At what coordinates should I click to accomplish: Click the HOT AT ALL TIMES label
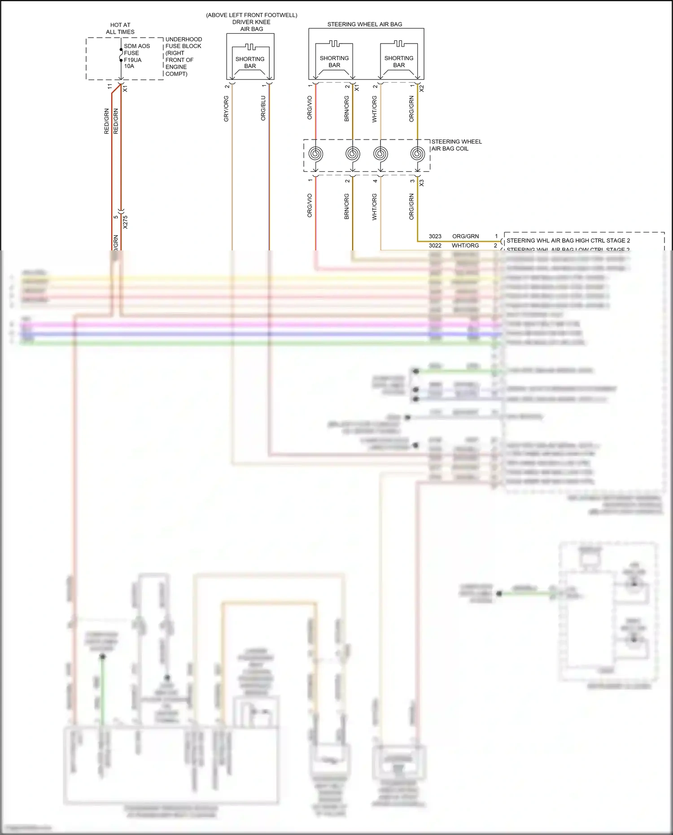[120, 28]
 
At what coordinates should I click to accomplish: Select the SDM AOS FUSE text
[136, 49]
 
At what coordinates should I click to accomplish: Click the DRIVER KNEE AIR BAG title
[251, 25]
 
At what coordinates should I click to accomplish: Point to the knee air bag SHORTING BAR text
[250, 62]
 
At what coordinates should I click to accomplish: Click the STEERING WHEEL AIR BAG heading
[364, 24]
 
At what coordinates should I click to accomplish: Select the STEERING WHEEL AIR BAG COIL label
[456, 145]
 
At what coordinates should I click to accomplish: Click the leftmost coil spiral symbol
[315, 154]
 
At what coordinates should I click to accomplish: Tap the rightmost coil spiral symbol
[418, 154]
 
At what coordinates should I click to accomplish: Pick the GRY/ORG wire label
[226, 109]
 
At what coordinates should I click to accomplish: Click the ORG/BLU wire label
[263, 108]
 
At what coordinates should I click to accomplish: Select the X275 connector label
[125, 222]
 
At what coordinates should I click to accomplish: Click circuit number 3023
[435, 236]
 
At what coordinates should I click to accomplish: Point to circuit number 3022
[435, 245]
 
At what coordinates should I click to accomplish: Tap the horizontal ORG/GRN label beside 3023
[465, 236]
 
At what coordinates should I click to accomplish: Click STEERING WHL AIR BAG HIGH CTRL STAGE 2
[568, 240]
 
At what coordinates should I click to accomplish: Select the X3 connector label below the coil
[421, 183]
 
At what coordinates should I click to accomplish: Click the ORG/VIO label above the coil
[310, 108]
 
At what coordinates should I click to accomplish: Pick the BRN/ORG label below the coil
[346, 206]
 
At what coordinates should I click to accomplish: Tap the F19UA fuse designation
[132, 60]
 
